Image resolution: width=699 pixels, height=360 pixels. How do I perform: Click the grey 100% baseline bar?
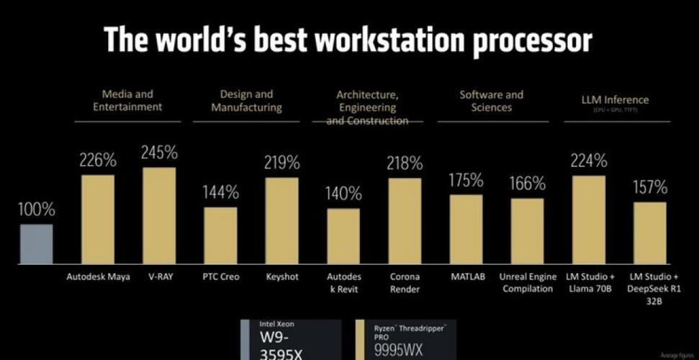pos(36,244)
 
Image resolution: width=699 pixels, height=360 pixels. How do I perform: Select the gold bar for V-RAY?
pos(158,216)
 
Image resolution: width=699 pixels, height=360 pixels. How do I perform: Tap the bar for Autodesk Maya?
pos(97,220)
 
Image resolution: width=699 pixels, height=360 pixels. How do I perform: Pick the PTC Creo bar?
pos(220,235)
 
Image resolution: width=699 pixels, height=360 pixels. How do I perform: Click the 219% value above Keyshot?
pos(281,163)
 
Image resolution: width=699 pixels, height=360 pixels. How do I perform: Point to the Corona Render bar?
pos(405,221)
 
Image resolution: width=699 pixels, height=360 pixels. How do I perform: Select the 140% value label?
pos(343,193)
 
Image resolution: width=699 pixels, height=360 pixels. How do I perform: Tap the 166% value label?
pos(527,183)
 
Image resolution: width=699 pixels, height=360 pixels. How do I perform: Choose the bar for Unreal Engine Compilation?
pos(527,231)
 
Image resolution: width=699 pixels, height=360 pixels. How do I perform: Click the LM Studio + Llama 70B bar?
pos(589,220)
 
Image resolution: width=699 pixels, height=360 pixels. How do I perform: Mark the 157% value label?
pos(649,187)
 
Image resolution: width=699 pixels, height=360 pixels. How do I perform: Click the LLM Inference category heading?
pos(615,100)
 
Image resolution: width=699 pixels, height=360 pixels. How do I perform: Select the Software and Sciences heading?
pos(492,101)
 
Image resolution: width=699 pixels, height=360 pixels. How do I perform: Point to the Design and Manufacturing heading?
pos(245,101)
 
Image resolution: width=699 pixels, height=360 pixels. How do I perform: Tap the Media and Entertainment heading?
pos(127,100)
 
